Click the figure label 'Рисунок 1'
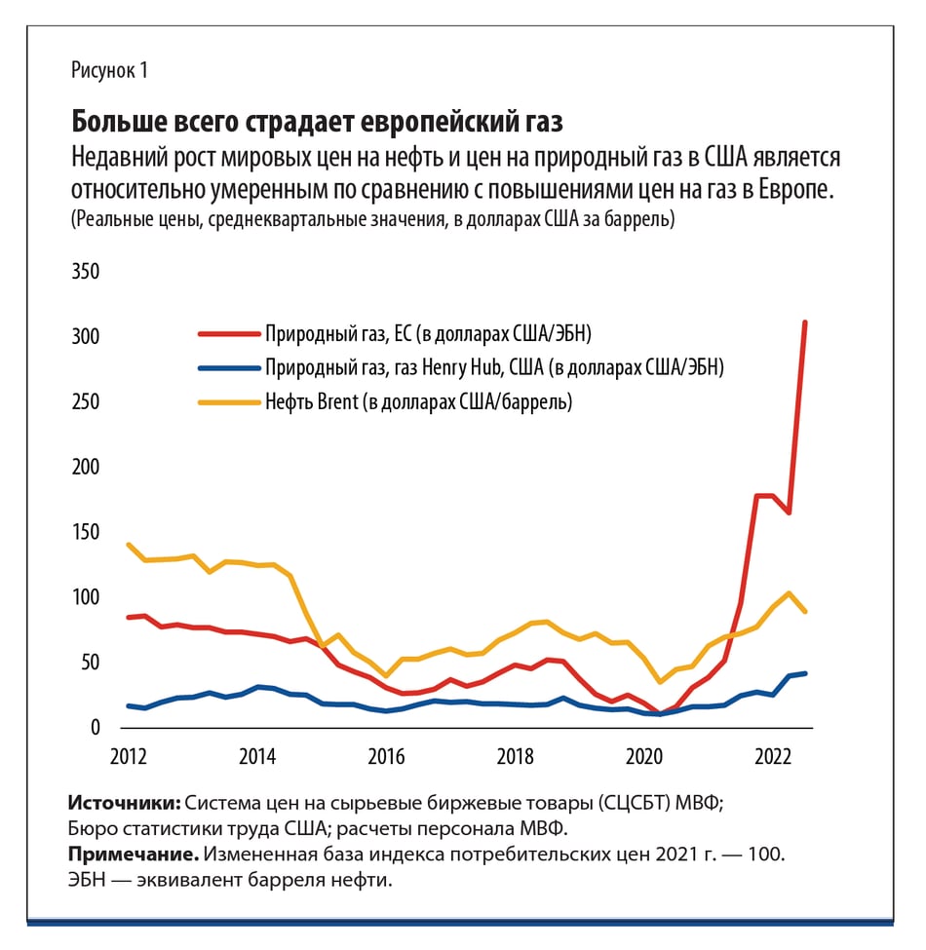pos(109,71)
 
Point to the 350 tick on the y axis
pos(86,271)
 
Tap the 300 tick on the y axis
pos(86,336)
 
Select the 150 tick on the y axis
pos(86,532)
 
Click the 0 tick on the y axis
pos(96,728)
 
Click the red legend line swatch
pos(226,334)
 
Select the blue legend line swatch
pos(226,368)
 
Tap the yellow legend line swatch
pos(226,401)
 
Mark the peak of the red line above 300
pos(805,323)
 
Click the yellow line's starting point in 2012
pos(129,545)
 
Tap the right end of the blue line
pos(805,673)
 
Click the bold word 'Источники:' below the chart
pos(124,804)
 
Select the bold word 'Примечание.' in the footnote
pos(134,855)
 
